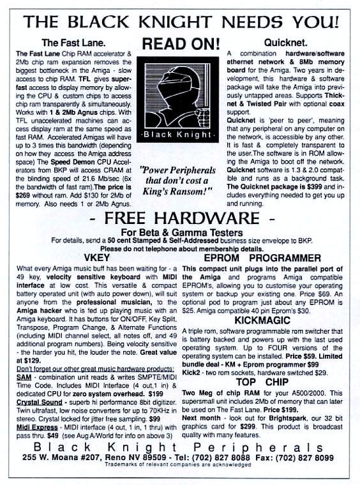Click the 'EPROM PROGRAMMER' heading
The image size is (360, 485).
click(262, 258)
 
